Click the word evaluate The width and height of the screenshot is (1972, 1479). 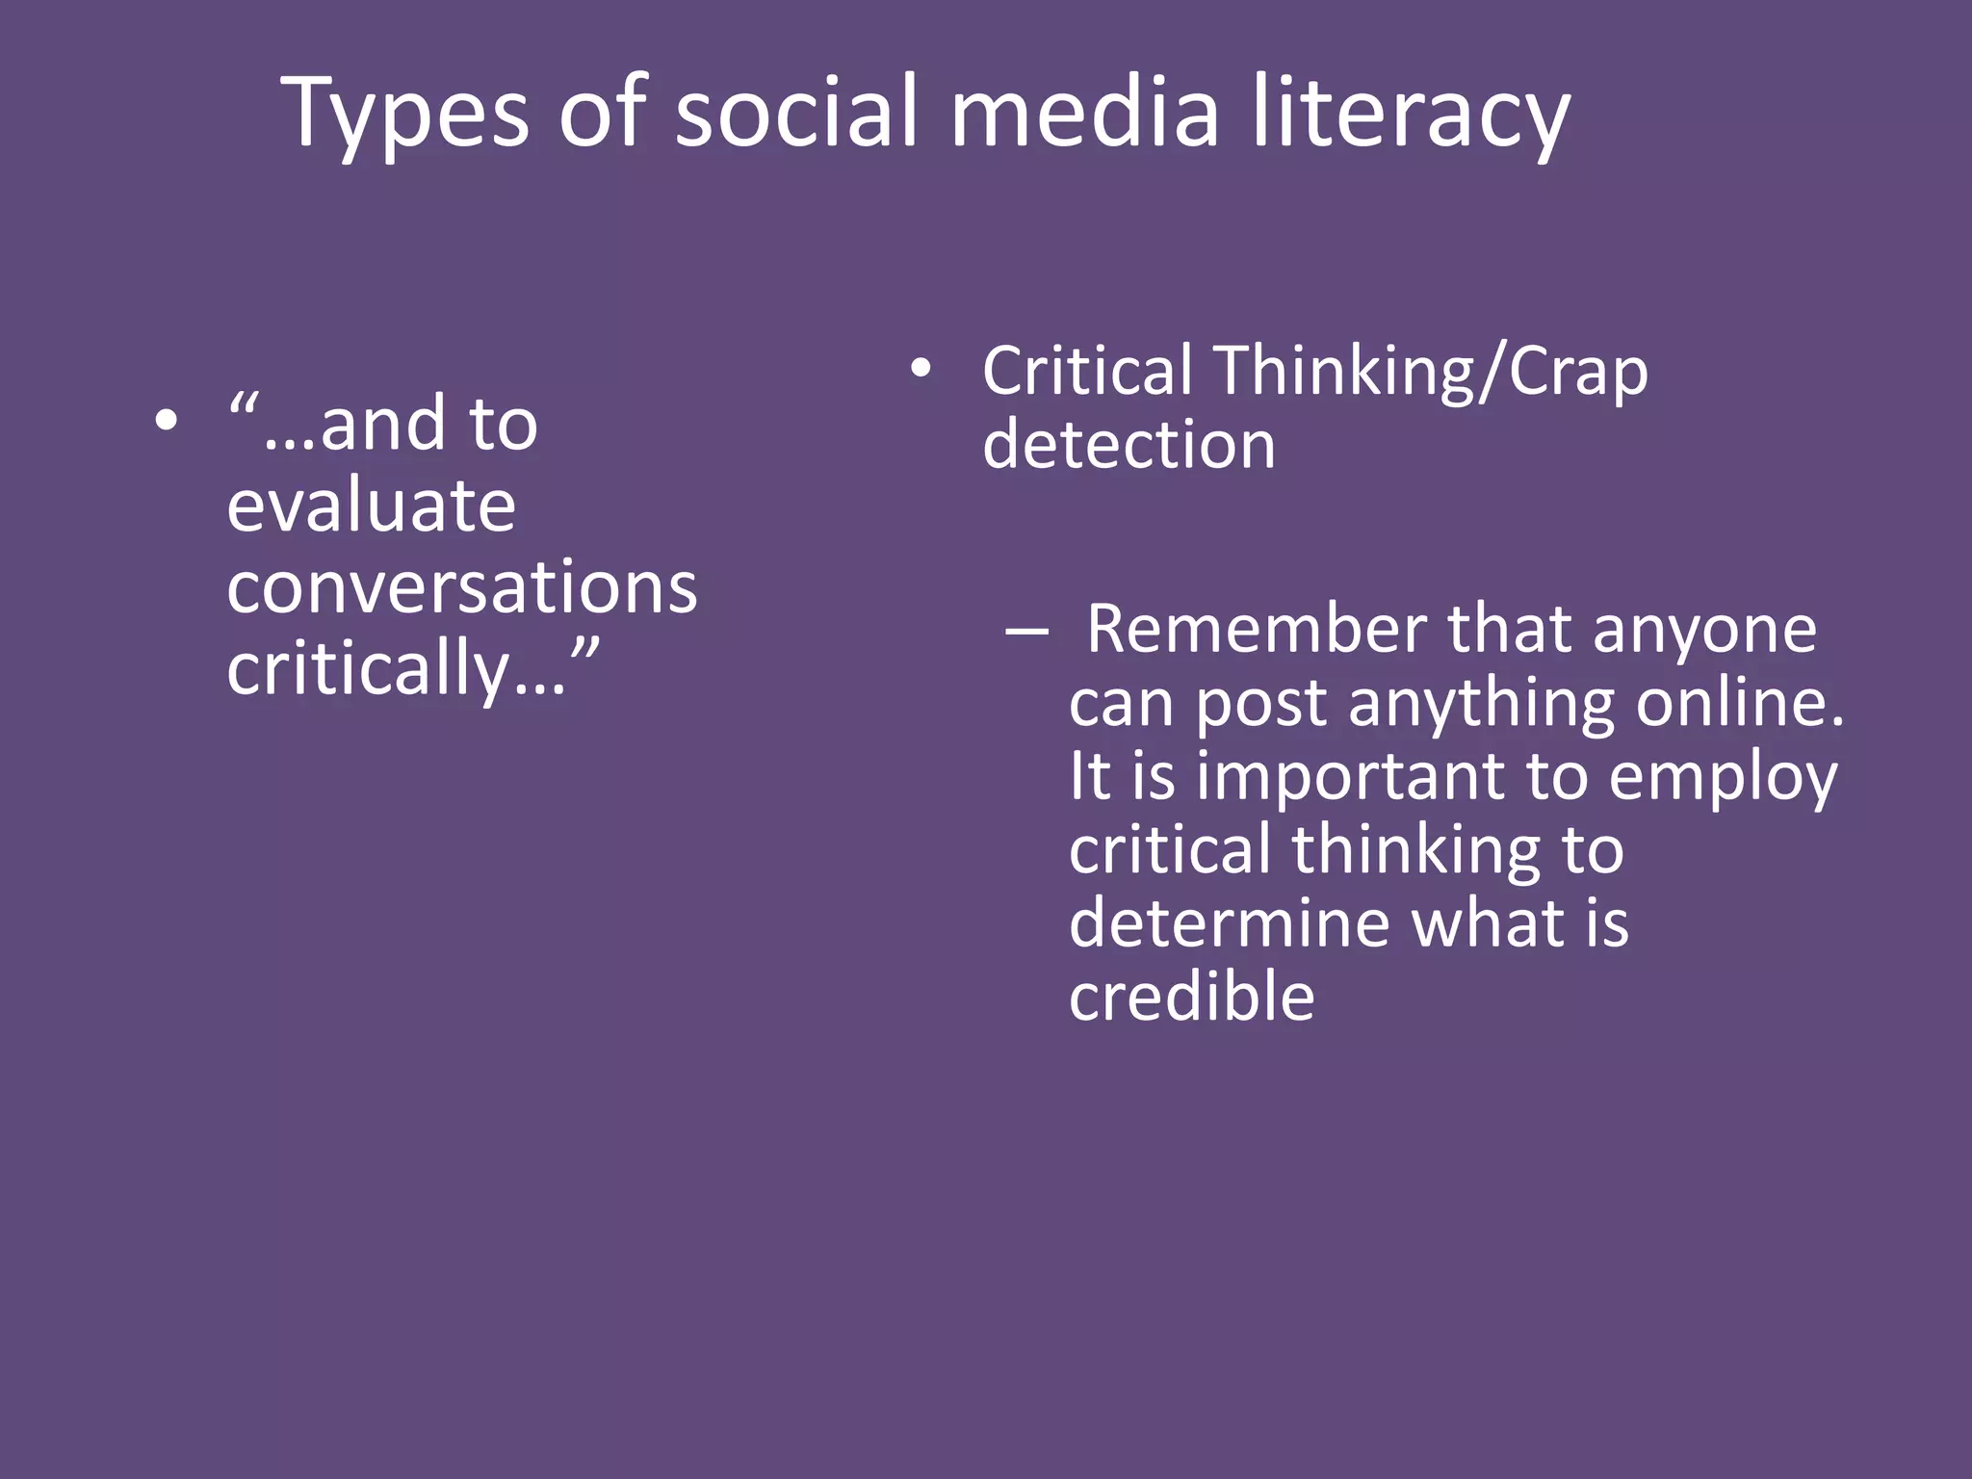coord(372,506)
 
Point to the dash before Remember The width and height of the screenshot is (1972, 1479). coord(1026,632)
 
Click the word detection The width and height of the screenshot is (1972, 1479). coord(1129,445)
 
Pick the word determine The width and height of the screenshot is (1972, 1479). coord(1229,922)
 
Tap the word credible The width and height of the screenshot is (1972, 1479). coord(1192,997)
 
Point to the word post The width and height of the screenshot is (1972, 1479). coord(1261,706)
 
